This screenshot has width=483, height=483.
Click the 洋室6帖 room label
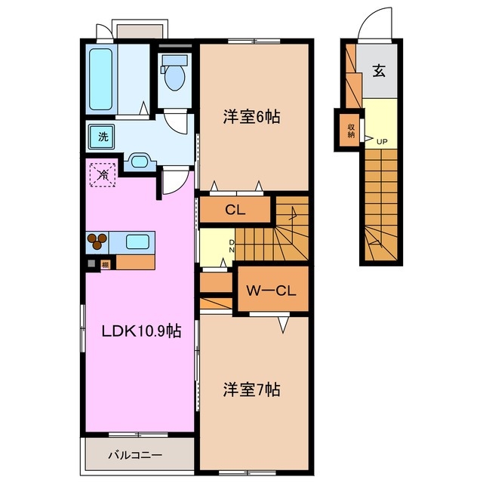click(x=251, y=117)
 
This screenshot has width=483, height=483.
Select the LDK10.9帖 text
click(x=142, y=330)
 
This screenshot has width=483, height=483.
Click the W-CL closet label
click(x=272, y=290)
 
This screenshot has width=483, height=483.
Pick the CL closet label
click(x=235, y=210)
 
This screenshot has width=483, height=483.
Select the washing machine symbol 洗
click(x=99, y=137)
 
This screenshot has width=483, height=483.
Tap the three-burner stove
click(x=98, y=242)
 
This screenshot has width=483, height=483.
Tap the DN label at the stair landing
click(x=232, y=245)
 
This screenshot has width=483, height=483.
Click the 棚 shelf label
click(x=105, y=264)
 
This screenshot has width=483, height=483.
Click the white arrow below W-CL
click(x=283, y=324)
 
